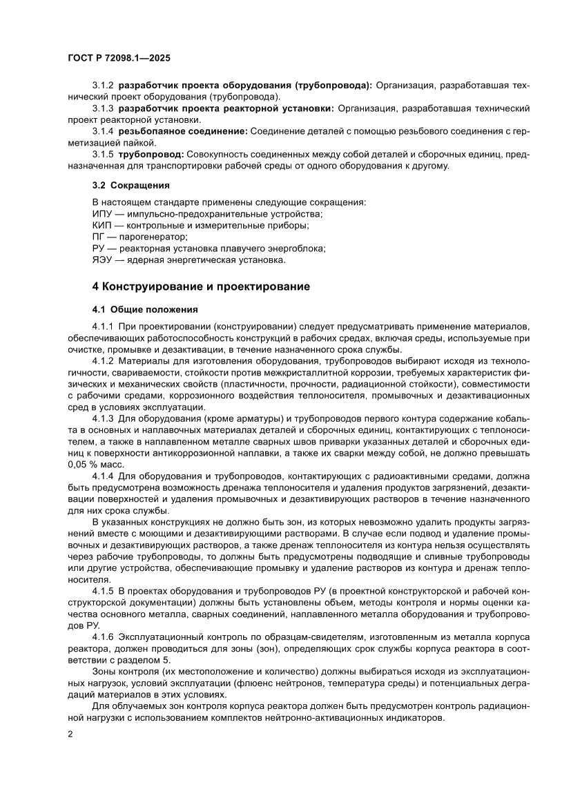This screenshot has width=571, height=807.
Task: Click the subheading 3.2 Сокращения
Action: point(130,186)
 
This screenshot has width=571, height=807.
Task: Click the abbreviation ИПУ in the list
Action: point(102,214)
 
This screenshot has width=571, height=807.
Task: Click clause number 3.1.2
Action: point(104,85)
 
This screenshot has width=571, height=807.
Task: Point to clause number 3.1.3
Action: point(104,108)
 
